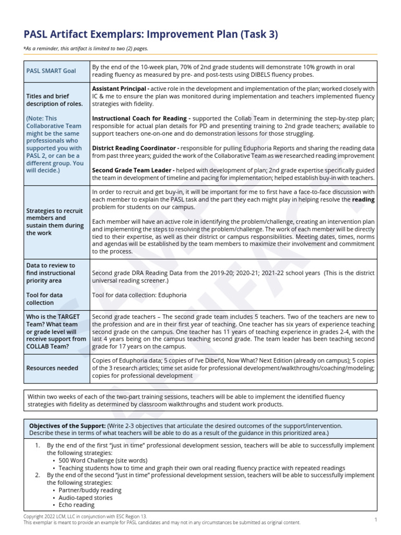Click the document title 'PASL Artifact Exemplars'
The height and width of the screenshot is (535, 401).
coord(84,34)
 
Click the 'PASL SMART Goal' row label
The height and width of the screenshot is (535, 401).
coord(51,71)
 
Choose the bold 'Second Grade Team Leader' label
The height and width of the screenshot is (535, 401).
coord(133,170)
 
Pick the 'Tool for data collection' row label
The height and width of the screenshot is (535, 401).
coord(44,299)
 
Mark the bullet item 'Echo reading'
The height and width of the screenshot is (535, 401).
coord(77,505)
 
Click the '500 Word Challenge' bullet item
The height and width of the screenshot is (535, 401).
coord(89,461)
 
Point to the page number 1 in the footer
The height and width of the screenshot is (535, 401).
coord(376,519)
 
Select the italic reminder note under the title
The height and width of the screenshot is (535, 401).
coord(86,48)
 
